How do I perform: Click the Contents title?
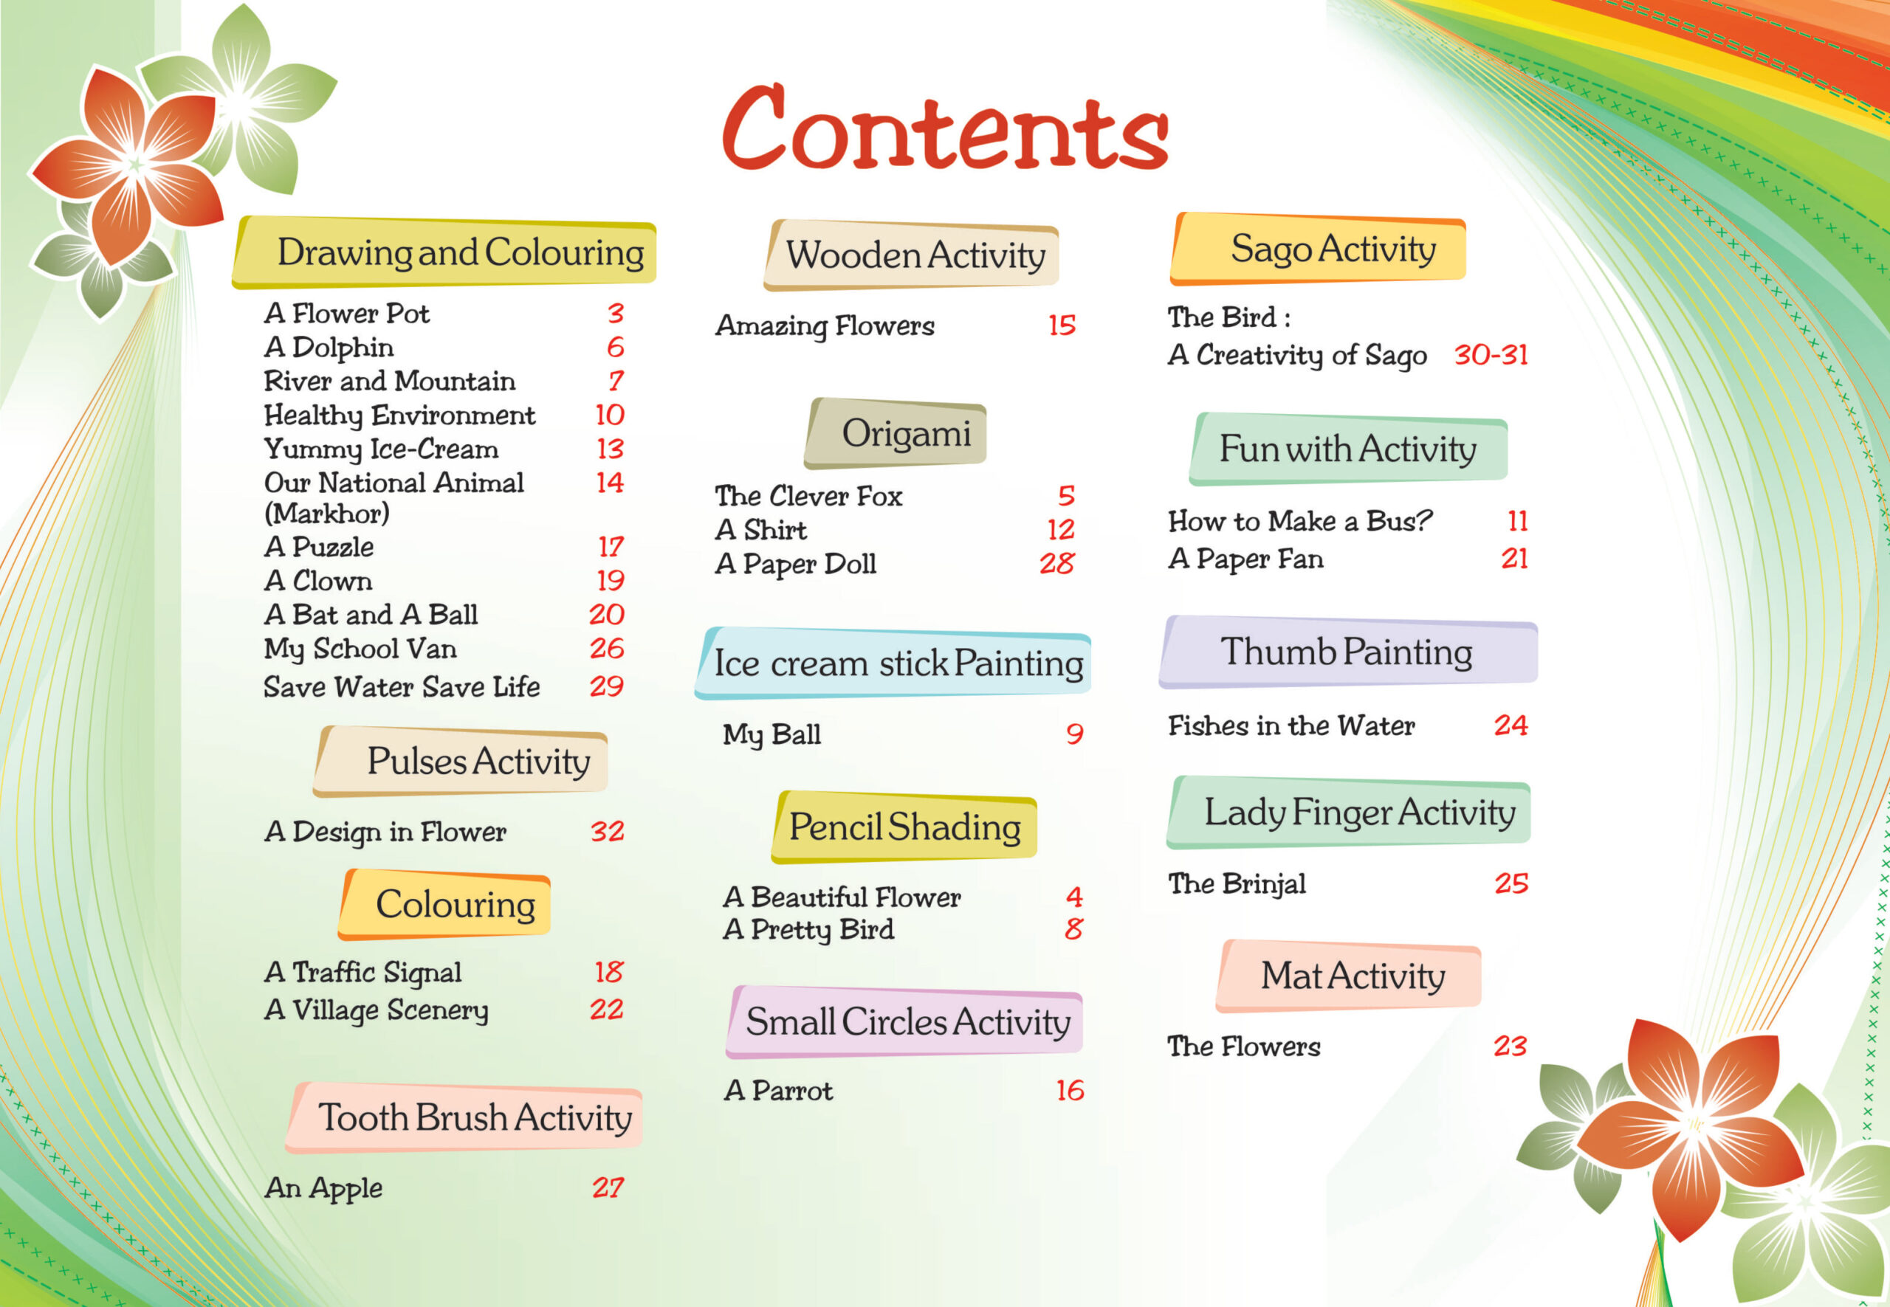click(x=944, y=129)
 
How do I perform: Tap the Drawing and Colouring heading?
click(x=460, y=252)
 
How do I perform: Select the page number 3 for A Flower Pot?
click(x=615, y=313)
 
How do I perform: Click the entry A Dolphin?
click(x=329, y=347)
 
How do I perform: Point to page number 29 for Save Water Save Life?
click(x=606, y=686)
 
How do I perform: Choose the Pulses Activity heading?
click(x=478, y=762)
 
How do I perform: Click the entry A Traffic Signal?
click(x=363, y=972)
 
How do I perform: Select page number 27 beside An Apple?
click(x=608, y=1187)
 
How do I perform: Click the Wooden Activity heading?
click(x=915, y=255)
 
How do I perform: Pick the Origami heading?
click(x=905, y=433)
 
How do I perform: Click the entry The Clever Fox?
click(x=808, y=496)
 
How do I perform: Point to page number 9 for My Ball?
click(x=1074, y=734)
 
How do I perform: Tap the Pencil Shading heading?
click(x=904, y=827)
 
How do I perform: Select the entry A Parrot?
click(x=778, y=1091)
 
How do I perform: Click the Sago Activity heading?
click(x=1332, y=249)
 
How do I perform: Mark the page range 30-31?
click(x=1490, y=354)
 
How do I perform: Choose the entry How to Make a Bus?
click(x=1299, y=521)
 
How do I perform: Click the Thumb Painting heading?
click(x=1346, y=652)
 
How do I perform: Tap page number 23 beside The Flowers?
click(x=1510, y=1046)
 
